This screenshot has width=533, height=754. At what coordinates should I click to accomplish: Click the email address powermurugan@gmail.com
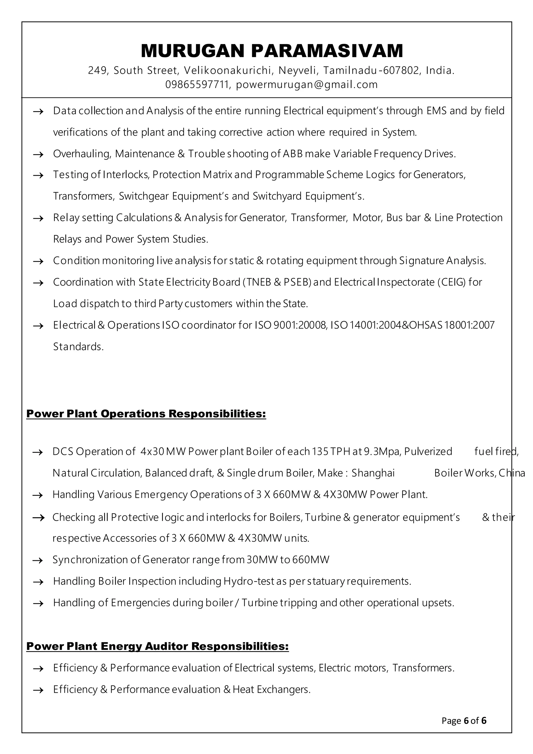click(307, 85)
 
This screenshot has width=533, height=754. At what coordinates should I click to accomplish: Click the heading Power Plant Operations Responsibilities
click(146, 414)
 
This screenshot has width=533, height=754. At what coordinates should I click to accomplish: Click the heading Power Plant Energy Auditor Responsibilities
click(157, 646)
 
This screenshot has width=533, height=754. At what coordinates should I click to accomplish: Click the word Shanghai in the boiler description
click(373, 473)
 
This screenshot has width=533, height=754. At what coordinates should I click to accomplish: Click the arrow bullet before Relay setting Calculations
click(39, 218)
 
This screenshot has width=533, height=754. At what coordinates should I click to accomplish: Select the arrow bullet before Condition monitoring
click(39, 261)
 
